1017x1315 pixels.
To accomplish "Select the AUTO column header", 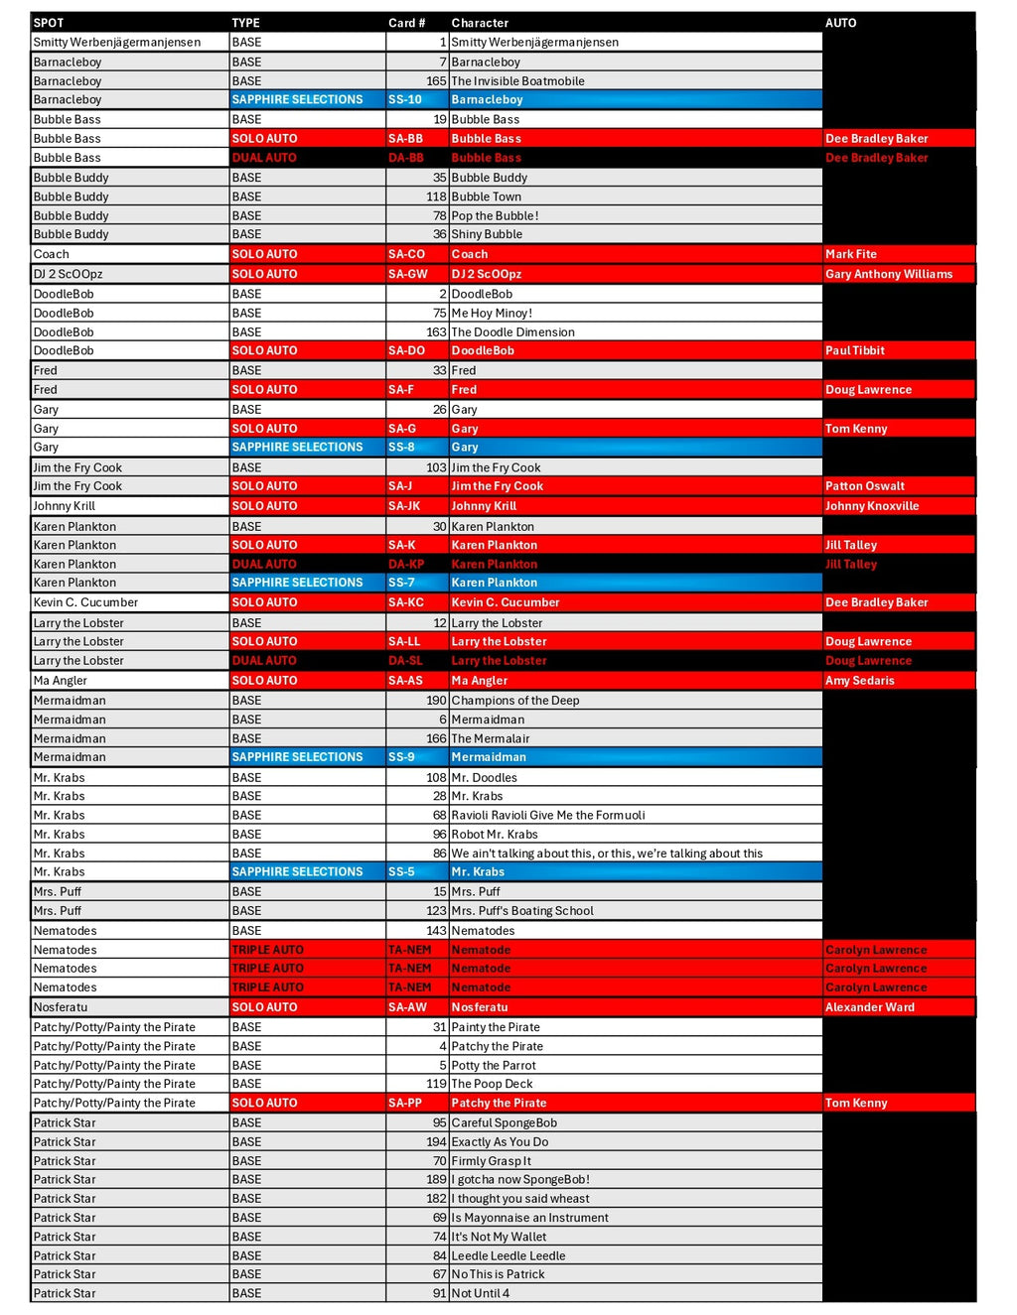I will tap(840, 23).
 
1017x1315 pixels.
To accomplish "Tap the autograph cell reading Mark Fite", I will tap(851, 254).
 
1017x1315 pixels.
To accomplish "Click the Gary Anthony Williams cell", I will tap(889, 274).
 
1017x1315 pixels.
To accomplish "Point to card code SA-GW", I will tap(408, 274).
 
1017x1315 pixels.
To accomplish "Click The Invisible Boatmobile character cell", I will tap(517, 81).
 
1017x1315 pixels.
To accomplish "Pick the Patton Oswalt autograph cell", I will tap(865, 486).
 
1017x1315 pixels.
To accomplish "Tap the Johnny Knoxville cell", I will tap(872, 506).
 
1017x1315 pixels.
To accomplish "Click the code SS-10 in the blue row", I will tap(405, 99).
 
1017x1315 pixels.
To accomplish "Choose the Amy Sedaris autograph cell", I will tap(860, 681).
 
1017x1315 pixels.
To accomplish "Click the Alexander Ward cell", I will tap(870, 1007).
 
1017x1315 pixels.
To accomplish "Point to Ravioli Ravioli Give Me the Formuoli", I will tap(548, 815).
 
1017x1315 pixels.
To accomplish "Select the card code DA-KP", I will tap(406, 564).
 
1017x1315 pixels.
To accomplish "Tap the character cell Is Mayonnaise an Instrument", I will tap(530, 1218).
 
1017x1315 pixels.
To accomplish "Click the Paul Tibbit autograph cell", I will tap(855, 350).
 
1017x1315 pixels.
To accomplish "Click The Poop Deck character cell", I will tap(492, 1084).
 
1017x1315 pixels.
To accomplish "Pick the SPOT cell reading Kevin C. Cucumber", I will tap(85, 602).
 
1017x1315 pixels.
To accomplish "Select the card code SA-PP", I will tap(405, 1103).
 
